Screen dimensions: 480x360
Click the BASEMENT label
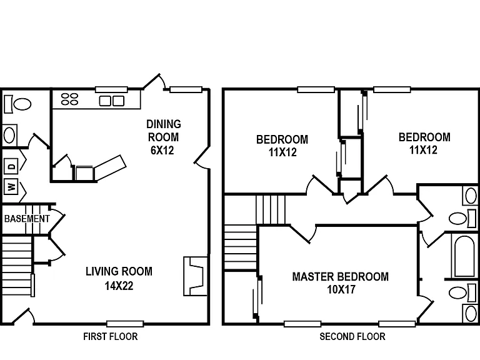click(27, 219)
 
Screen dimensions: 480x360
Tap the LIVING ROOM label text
click(119, 271)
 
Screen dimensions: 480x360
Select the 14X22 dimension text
click(119, 286)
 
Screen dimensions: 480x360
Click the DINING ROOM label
click(164, 131)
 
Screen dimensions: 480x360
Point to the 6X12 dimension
click(162, 150)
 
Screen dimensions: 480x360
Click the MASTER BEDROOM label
click(341, 277)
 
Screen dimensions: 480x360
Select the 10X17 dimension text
click(341, 289)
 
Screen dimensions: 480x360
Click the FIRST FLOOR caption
click(111, 337)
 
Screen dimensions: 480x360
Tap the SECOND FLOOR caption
click(352, 337)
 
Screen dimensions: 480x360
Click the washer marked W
click(11, 186)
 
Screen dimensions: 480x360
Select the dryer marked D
click(11, 166)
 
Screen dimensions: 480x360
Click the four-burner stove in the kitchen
click(69, 99)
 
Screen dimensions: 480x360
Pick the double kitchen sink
click(112, 101)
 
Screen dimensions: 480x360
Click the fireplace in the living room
click(196, 276)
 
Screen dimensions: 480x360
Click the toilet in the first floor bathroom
click(18, 104)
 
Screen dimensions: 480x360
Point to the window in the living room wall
click(125, 324)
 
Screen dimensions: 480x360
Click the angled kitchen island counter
click(110, 167)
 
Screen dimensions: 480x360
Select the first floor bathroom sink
click(10, 135)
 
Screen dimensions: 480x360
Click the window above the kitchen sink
click(111, 89)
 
